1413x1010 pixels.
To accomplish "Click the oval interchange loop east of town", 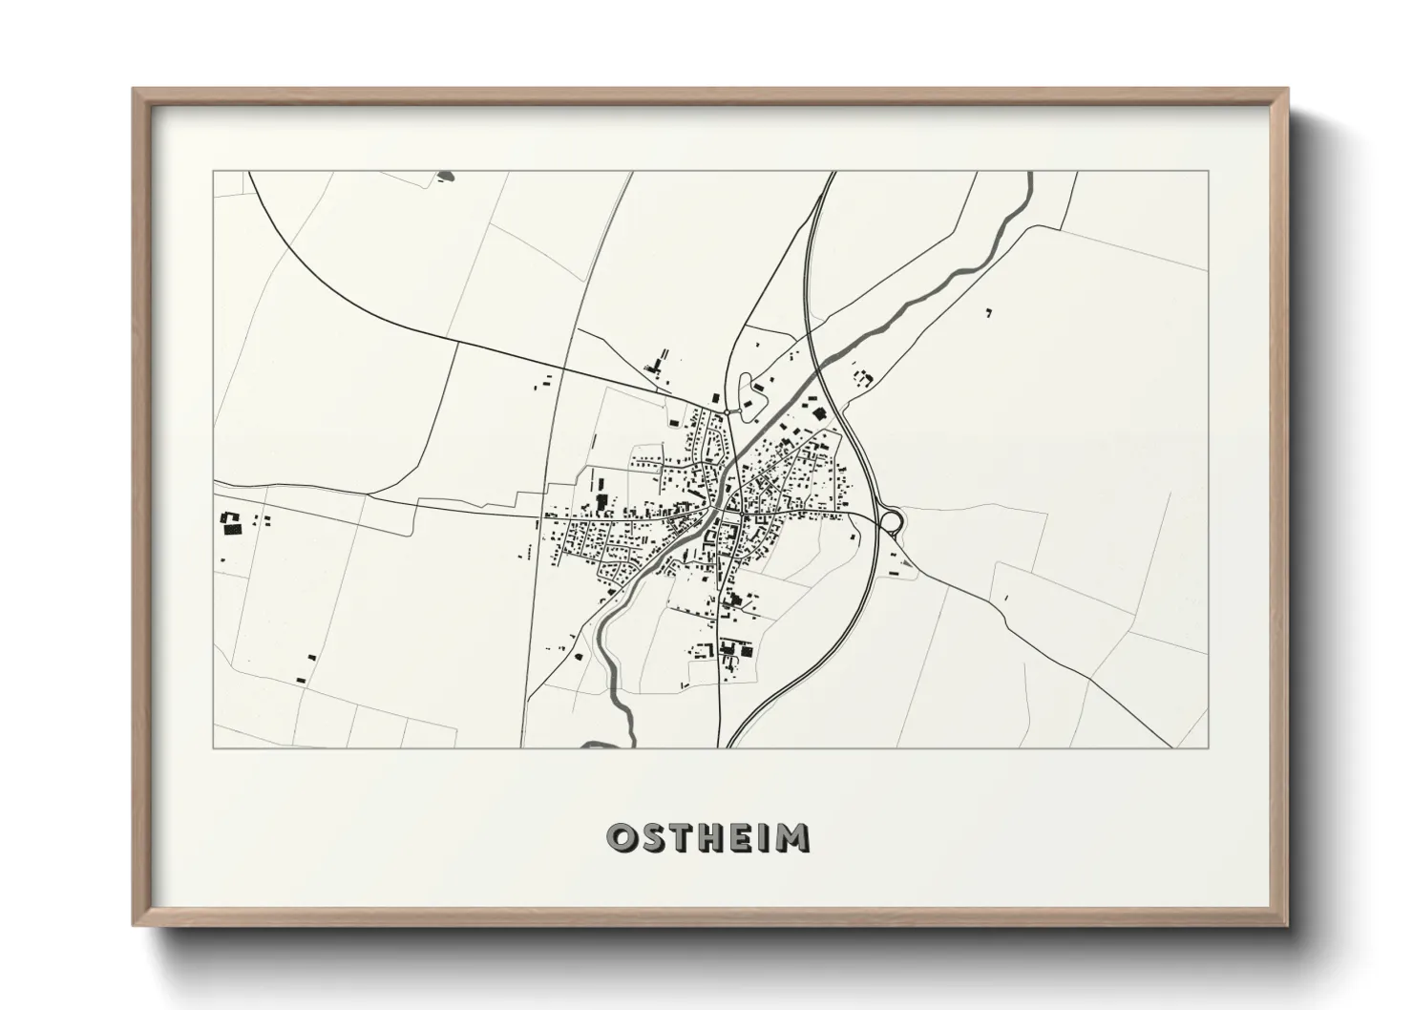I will [x=891, y=519].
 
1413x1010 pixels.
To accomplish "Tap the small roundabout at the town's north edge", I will [x=728, y=411].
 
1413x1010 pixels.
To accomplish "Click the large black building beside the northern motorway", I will [x=817, y=413].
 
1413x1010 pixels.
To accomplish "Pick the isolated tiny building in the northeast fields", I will [x=989, y=311].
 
